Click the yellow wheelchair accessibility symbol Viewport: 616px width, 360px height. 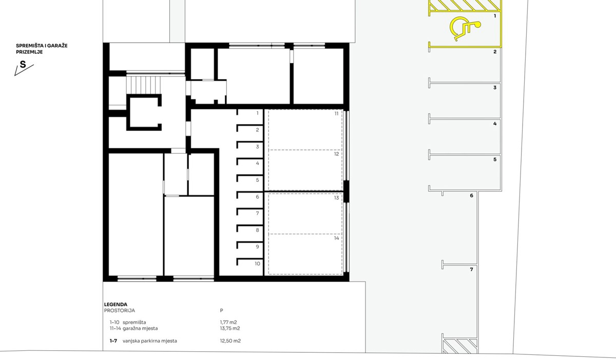464,29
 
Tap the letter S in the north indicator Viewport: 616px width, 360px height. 23,65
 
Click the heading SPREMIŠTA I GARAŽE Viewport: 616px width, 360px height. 42,46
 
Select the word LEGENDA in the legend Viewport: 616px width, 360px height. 115,305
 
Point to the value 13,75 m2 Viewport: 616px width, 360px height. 230,328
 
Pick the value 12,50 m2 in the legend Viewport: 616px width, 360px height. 230,340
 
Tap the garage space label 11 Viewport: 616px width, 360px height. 336,113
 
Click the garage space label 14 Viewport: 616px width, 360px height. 336,238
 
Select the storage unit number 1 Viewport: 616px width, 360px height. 257,113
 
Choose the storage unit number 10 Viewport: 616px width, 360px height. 257,263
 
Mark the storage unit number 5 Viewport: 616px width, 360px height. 257,180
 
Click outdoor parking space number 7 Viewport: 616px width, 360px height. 471,269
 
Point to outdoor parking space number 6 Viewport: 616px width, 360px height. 471,196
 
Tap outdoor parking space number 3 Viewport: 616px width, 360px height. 495,88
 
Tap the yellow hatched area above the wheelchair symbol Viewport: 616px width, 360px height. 465,6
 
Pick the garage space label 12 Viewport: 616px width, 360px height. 336,154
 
